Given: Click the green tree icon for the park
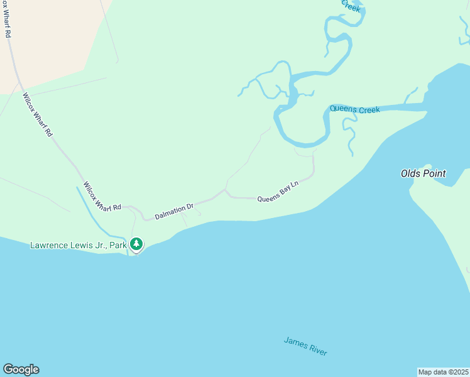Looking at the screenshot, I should [x=136, y=244].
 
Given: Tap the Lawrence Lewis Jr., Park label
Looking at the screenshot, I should [x=79, y=244].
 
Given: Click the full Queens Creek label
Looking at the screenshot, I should [x=354, y=109].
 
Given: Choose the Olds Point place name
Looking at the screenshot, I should [x=424, y=173].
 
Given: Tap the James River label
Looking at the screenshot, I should [x=305, y=346].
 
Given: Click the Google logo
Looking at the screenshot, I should [x=21, y=369].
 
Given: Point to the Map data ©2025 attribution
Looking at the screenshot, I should [x=443, y=371].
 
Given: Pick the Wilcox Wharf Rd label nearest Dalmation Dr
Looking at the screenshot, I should [x=102, y=196].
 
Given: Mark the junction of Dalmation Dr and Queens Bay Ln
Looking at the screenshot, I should [x=225, y=190].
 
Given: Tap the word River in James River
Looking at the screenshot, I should [x=317, y=351].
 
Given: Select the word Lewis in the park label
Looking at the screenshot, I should [x=82, y=244].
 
